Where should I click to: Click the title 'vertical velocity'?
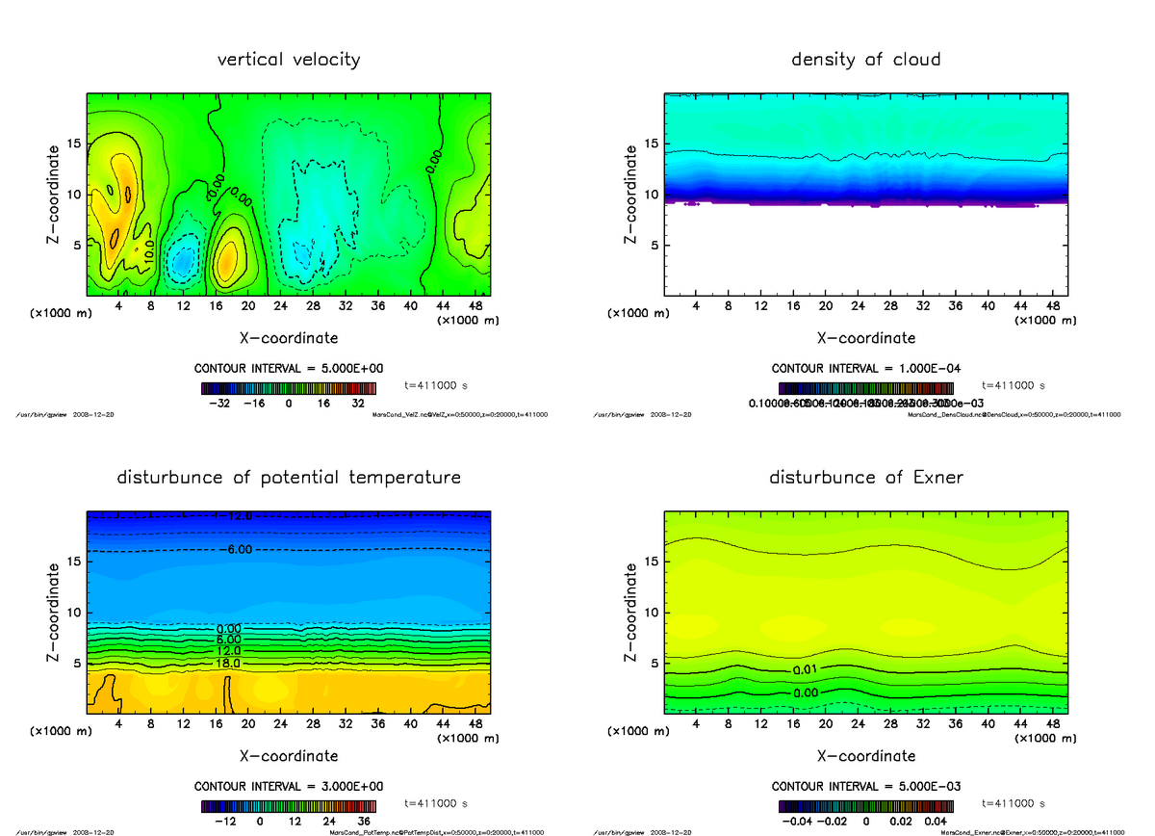point(289,60)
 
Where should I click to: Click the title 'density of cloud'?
point(865,60)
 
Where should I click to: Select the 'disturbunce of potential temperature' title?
point(289,478)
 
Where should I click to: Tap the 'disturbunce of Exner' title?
point(865,478)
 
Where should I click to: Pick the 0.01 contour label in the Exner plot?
point(806,669)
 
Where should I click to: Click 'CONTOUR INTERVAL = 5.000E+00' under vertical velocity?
point(289,369)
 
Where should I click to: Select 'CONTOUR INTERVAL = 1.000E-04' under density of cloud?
point(865,369)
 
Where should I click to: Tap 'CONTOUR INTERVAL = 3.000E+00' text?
point(289,787)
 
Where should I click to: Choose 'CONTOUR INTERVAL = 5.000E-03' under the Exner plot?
point(865,787)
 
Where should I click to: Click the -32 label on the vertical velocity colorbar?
point(224,405)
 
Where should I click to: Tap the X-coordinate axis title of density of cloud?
point(865,338)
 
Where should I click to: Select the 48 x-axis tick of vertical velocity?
point(474,305)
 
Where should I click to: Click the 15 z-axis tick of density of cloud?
point(653,144)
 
